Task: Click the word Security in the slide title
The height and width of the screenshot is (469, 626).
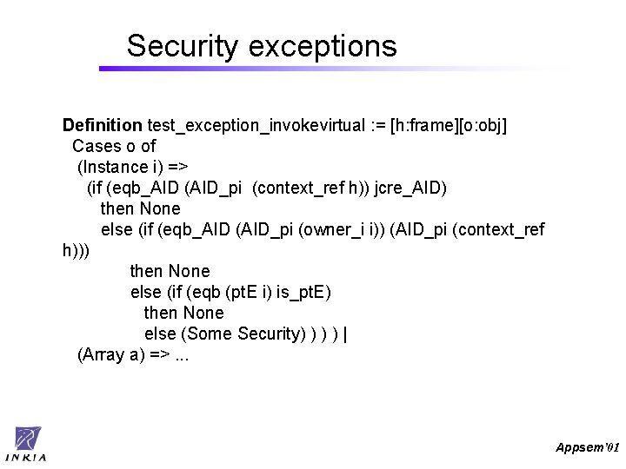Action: (181, 46)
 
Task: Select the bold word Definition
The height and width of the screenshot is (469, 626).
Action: (102, 126)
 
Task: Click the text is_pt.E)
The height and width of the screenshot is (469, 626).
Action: (303, 292)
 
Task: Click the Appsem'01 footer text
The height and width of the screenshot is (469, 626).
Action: (588, 446)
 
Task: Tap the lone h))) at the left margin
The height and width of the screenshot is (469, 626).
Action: (76, 250)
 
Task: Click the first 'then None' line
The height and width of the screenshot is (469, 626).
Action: (141, 208)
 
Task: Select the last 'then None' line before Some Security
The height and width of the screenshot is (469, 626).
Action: (183, 313)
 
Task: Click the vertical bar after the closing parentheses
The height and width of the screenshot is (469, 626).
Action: (346, 334)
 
